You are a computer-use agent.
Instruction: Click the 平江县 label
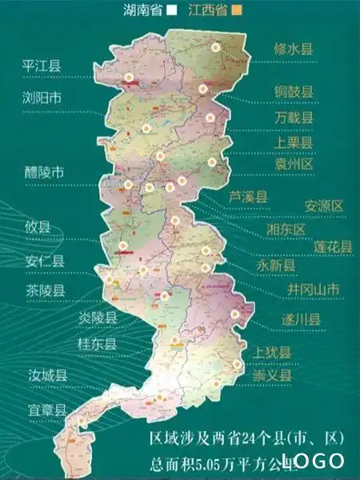click(x=42, y=66)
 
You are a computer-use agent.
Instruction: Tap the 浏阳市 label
click(x=42, y=99)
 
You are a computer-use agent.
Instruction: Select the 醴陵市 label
click(x=46, y=173)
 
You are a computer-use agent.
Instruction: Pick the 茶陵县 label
click(x=44, y=290)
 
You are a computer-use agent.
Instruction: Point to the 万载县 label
click(x=293, y=117)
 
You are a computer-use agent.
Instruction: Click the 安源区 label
click(x=323, y=206)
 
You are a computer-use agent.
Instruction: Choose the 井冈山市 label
click(x=313, y=289)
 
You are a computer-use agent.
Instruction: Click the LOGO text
click(x=313, y=460)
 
